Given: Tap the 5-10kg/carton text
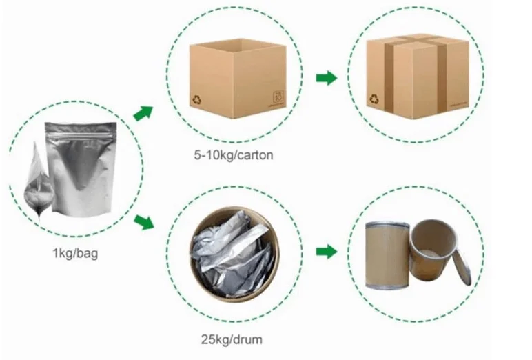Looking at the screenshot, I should point(234,154).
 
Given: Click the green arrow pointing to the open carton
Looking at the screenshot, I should point(143,112).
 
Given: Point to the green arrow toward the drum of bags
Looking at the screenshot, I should point(143,222).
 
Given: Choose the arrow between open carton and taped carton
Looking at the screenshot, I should point(326,77).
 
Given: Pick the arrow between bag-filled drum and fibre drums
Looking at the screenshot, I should point(326,251).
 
